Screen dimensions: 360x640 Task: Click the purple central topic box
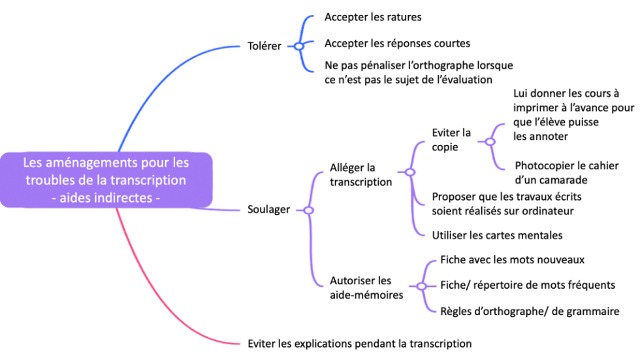[x=106, y=180]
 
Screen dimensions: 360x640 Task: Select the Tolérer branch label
[x=264, y=46]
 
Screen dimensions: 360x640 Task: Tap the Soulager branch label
[x=269, y=210]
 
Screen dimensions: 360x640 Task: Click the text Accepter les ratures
[x=373, y=17]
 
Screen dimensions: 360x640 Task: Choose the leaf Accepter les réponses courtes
[x=397, y=44]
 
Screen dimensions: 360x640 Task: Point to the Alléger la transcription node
[x=361, y=175]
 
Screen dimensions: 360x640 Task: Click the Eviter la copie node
[x=451, y=140]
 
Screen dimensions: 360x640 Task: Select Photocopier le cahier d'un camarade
[x=566, y=173]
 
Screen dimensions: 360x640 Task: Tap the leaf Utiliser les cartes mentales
[x=497, y=235]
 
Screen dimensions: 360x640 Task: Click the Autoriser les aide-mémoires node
[x=366, y=287]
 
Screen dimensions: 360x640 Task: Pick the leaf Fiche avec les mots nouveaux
[x=512, y=260]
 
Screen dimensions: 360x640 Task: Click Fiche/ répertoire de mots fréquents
[x=528, y=286]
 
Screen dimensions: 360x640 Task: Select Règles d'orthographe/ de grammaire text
[x=530, y=312]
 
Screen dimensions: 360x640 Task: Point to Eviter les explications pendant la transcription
[x=360, y=343]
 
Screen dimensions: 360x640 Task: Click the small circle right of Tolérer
[x=298, y=46]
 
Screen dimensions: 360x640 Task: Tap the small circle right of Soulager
[x=308, y=210]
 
